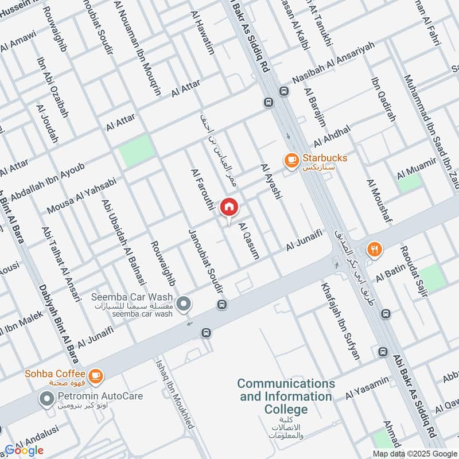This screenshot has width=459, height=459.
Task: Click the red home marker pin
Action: [229, 207]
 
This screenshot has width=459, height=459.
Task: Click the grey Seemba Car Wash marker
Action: [184, 304]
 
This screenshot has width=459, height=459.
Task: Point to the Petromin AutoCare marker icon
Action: [46, 397]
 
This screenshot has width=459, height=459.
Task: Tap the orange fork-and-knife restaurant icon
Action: [374, 249]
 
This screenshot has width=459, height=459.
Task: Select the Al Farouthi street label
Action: [203, 189]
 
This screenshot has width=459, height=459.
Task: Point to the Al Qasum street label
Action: [248, 240]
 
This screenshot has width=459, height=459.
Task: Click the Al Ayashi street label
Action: [271, 181]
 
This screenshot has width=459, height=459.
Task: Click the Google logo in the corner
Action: [24, 450]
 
